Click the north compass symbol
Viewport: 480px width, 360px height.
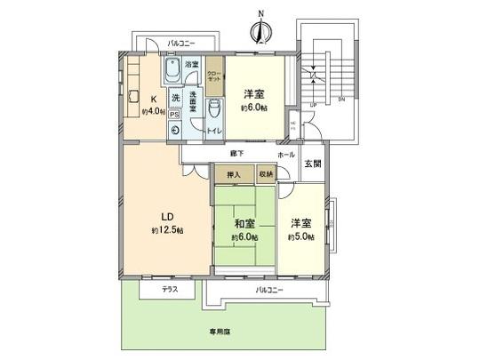click(x=260, y=30)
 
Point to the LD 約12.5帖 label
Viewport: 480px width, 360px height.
click(x=167, y=223)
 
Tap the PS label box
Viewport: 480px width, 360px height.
click(x=174, y=114)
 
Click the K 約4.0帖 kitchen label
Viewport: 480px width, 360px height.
click(x=154, y=106)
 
